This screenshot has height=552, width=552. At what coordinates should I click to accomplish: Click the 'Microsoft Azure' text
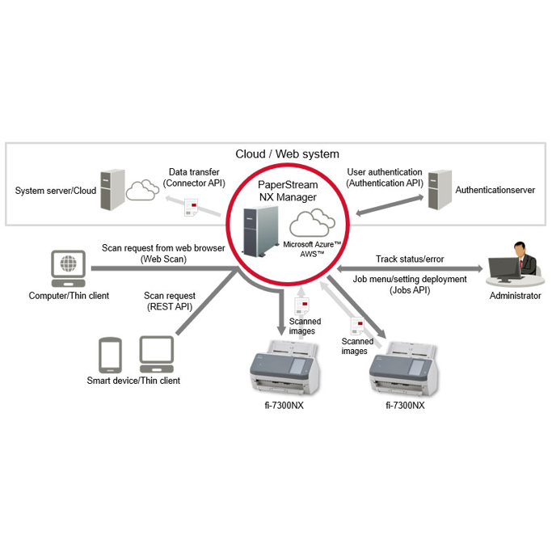point(311,244)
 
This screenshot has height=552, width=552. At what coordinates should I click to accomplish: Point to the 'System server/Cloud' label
point(56,191)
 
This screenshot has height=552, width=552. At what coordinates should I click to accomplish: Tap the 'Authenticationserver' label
point(495,191)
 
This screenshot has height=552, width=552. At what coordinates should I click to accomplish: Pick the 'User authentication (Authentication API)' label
point(384,178)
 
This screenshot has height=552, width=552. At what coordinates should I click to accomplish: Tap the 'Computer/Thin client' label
point(69,296)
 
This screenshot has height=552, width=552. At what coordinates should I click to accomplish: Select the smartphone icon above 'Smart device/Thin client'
point(110,355)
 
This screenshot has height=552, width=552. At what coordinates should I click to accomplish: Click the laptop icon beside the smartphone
point(156,354)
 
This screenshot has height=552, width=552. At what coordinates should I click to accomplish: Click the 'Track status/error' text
point(410,259)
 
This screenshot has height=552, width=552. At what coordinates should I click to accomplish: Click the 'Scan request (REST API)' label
point(169,301)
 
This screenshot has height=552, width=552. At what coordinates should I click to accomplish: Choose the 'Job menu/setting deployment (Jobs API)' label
point(410,284)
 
